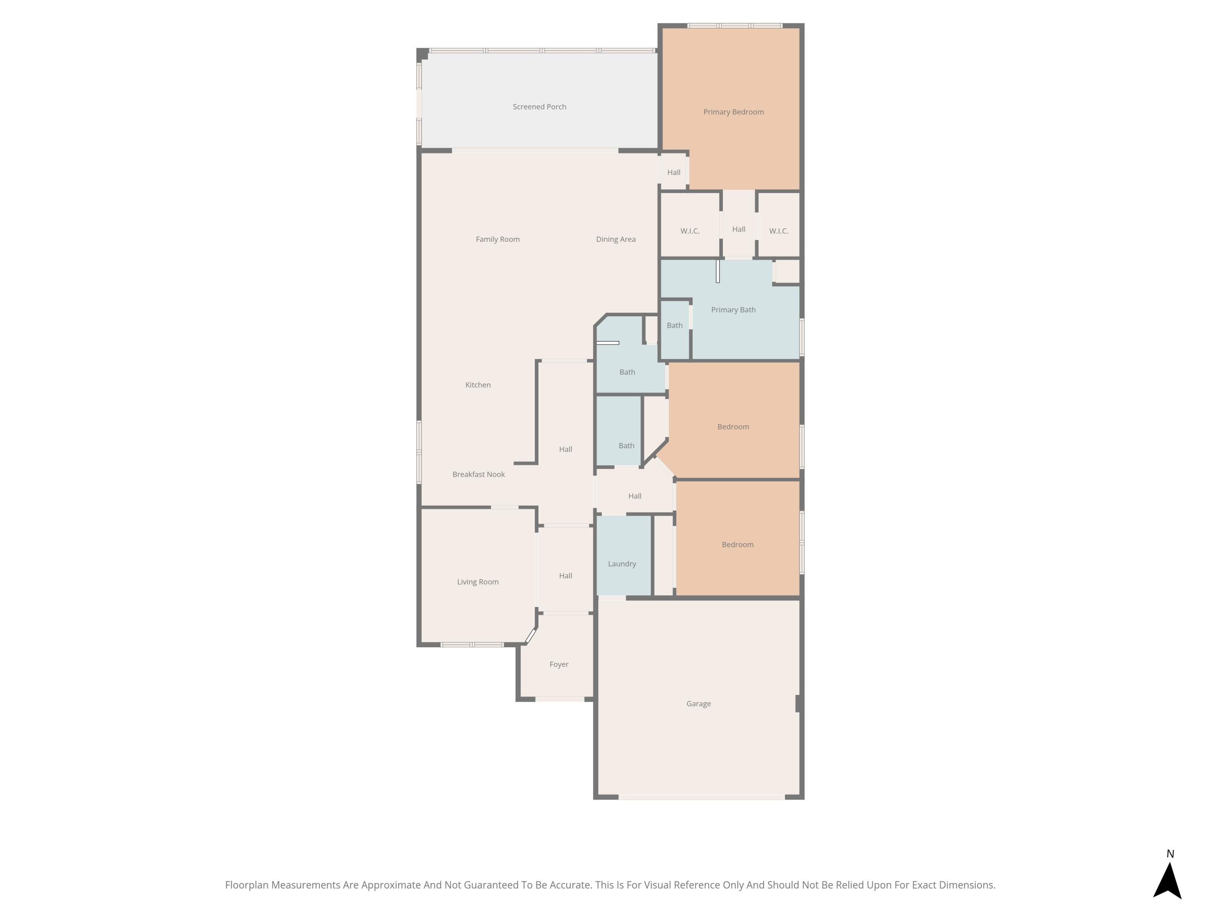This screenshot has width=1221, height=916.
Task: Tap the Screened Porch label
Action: pyautogui.click(x=539, y=107)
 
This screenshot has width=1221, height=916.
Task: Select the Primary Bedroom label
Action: pyautogui.click(x=733, y=112)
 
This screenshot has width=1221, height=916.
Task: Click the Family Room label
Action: pyautogui.click(x=497, y=239)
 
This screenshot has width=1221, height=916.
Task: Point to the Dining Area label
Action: pyautogui.click(x=615, y=239)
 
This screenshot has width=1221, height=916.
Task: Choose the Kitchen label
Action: pyautogui.click(x=477, y=385)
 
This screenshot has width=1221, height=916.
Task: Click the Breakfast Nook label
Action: pyautogui.click(x=478, y=474)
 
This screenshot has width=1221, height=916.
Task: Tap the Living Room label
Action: pyautogui.click(x=477, y=582)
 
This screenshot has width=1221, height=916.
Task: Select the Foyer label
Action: pyautogui.click(x=559, y=664)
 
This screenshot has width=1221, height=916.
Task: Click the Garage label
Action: pyautogui.click(x=698, y=703)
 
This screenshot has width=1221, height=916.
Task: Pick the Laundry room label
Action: pyautogui.click(x=621, y=564)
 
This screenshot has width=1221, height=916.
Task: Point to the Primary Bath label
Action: pyautogui.click(x=733, y=310)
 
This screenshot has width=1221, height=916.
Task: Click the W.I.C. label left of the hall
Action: pyautogui.click(x=689, y=231)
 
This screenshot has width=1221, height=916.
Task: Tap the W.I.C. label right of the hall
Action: pyautogui.click(x=778, y=231)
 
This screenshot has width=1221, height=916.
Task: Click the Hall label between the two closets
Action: pyautogui.click(x=739, y=229)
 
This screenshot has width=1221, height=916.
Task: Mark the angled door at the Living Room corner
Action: pyautogui.click(x=530, y=636)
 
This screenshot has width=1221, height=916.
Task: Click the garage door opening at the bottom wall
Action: pyautogui.click(x=701, y=797)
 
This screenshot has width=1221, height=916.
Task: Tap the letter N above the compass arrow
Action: pyautogui.click(x=1170, y=854)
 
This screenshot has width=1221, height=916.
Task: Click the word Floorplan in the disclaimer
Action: pyautogui.click(x=247, y=885)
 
